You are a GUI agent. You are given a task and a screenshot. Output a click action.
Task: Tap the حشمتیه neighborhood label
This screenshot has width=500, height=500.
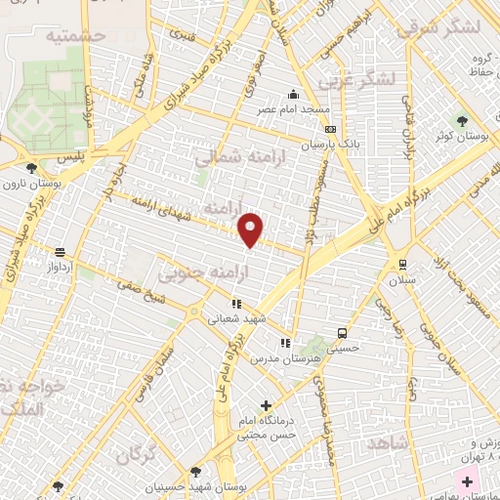tap(74, 35)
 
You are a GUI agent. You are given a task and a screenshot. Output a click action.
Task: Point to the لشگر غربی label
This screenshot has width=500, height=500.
tap(361, 79)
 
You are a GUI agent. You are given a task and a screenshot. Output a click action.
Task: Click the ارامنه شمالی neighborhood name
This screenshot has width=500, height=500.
tap(233, 157)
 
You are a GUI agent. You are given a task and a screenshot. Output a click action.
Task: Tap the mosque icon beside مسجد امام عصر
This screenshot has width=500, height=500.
tap(292, 96)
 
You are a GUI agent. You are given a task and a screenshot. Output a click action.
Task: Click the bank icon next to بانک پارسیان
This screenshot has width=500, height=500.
tap(330, 129)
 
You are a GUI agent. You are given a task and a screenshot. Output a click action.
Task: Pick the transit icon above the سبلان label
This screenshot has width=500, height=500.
tap(402, 265)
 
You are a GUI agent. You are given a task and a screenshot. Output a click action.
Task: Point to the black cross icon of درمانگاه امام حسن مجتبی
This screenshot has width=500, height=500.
tap(267, 405)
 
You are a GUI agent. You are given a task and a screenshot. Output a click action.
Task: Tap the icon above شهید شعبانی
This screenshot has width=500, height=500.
tap(235, 303)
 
